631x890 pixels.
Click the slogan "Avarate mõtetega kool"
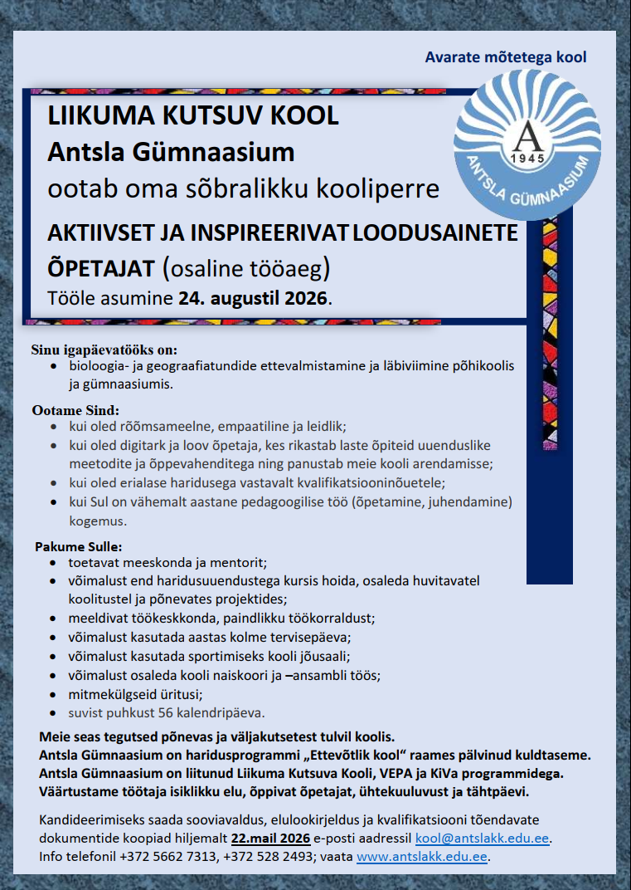[505, 57]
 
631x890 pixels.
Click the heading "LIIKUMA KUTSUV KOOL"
[193, 115]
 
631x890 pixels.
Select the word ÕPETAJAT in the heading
[101, 268]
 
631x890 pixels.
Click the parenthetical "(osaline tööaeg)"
[246, 268]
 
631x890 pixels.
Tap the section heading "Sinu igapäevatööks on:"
[104, 349]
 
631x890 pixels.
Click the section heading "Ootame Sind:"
[75, 410]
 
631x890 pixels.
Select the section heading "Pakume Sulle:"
[79, 547]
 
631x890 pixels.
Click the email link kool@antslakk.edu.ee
[483, 839]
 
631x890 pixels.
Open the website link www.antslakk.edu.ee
[421, 857]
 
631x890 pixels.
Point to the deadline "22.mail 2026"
[270, 839]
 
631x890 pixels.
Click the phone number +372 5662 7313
[169, 857]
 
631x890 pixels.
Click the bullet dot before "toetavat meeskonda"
[55, 563]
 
